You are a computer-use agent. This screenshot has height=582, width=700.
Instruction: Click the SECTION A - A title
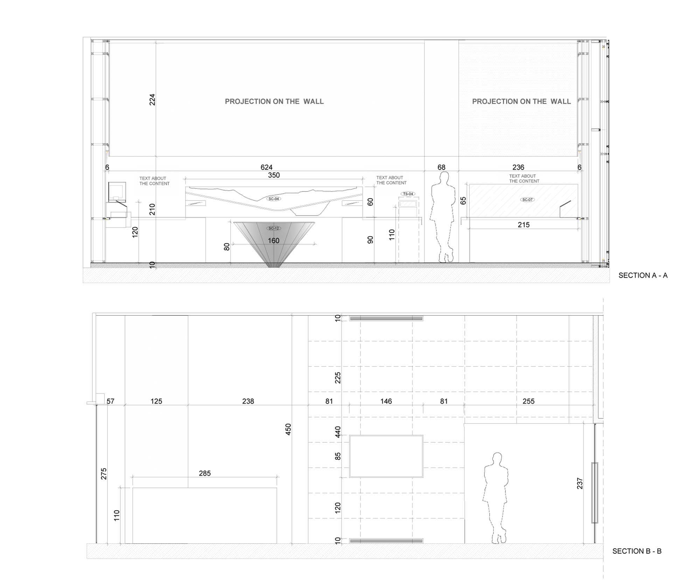tap(643, 275)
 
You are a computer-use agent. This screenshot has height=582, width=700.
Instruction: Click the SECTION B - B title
tap(637, 551)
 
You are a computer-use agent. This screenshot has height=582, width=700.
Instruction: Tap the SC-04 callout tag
tap(274, 199)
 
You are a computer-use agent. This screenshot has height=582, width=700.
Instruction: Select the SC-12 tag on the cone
tap(274, 228)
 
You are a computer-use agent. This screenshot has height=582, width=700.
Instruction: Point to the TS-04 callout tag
tap(408, 194)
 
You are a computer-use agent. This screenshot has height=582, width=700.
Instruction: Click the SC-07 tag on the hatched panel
tap(527, 200)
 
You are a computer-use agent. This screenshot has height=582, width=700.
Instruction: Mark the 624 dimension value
tap(266, 167)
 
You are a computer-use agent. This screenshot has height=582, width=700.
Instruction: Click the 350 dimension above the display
tap(274, 175)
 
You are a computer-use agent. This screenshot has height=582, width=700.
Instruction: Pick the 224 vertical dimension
tap(152, 100)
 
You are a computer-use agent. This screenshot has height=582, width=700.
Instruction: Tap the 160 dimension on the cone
tap(274, 240)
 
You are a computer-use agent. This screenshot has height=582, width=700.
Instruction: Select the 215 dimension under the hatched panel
tap(524, 225)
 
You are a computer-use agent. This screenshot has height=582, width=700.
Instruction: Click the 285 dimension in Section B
tap(205, 473)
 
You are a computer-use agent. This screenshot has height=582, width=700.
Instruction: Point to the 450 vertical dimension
tap(288, 429)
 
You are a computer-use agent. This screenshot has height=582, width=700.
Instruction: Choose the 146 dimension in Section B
tap(386, 401)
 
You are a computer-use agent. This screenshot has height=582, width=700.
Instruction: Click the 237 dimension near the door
tap(580, 483)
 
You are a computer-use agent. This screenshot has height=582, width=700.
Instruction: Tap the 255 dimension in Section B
tap(528, 401)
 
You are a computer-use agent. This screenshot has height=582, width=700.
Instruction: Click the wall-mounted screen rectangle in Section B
tap(386, 435)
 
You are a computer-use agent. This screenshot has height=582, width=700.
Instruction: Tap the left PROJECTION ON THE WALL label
tap(274, 101)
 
